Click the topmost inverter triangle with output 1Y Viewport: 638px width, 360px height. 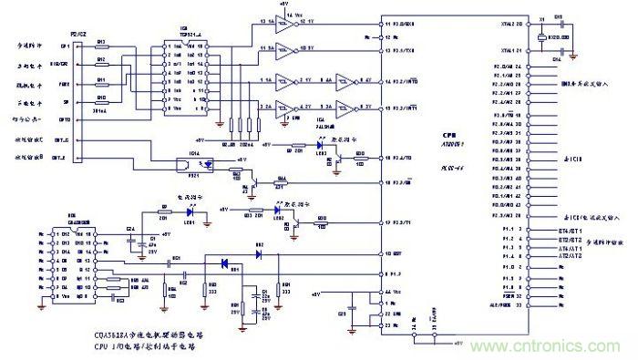pos(284,21)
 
